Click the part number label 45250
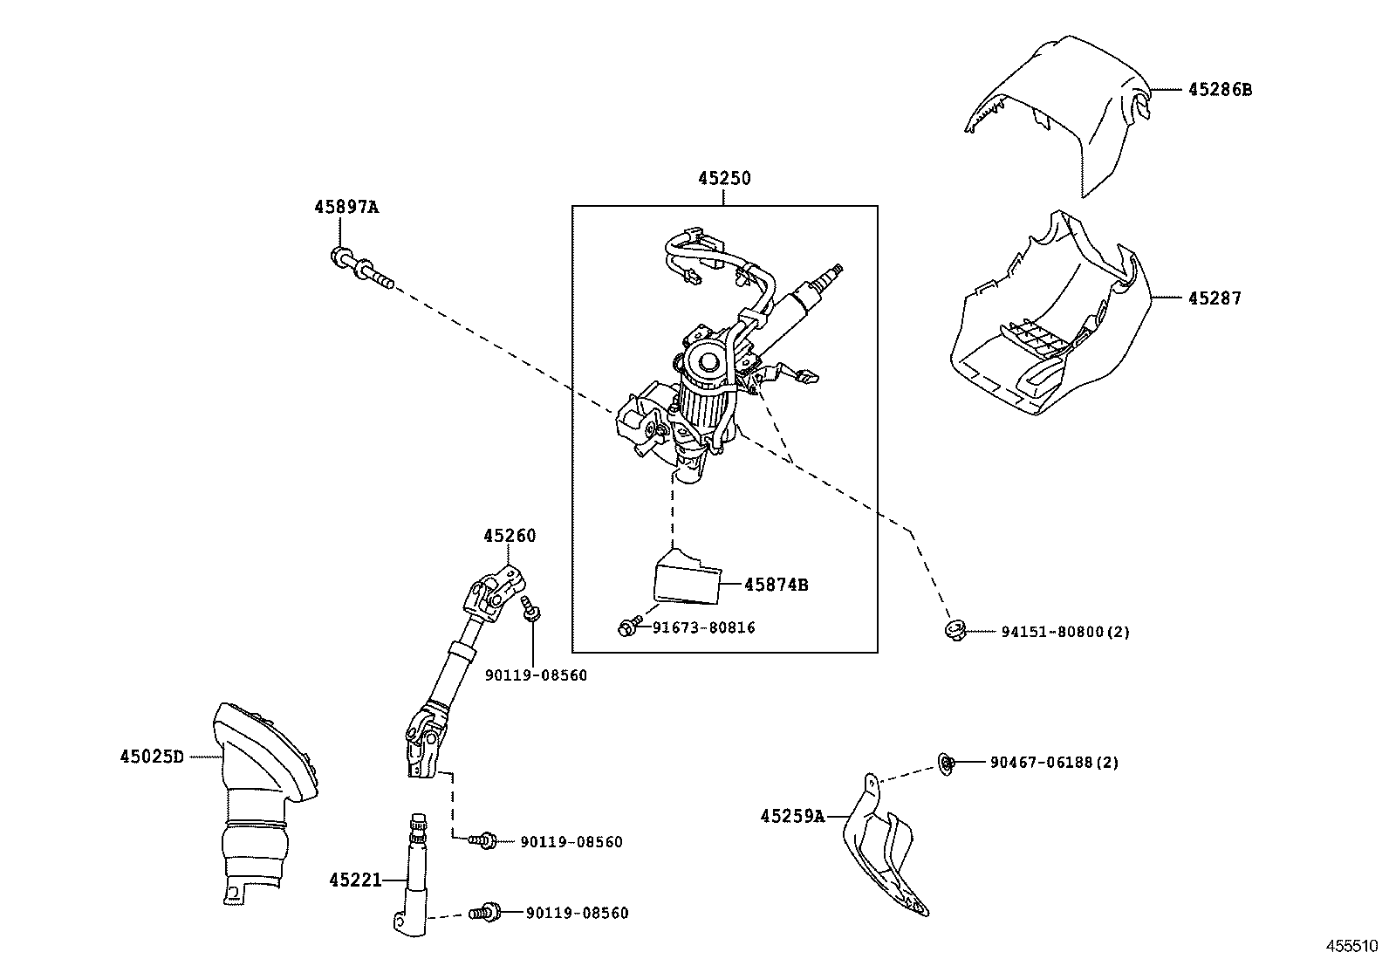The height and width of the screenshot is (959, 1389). click(x=723, y=178)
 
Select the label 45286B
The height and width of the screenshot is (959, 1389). click(x=1219, y=89)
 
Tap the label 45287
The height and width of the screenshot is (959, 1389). click(x=1214, y=298)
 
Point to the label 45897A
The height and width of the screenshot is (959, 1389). click(x=346, y=208)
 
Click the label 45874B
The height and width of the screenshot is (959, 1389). click(x=776, y=585)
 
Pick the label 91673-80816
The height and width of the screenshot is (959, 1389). click(x=703, y=627)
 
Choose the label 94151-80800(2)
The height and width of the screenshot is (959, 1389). click(x=1064, y=632)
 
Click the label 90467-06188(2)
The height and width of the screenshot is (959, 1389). click(x=1054, y=762)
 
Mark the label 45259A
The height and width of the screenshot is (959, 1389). click(x=791, y=817)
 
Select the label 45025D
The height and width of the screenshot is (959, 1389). click(x=152, y=757)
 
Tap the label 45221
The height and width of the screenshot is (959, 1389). click(x=355, y=880)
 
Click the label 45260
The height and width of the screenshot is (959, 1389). click(x=510, y=536)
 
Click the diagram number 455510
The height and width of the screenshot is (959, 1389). click(x=1351, y=945)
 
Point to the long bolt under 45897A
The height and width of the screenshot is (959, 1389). click(x=361, y=268)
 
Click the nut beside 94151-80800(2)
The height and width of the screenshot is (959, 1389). click(x=954, y=629)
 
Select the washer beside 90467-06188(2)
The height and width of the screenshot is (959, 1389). click(x=946, y=763)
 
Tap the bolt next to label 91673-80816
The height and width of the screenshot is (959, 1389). click(x=626, y=627)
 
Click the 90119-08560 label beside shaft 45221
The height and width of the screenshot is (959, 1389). click(x=577, y=913)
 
